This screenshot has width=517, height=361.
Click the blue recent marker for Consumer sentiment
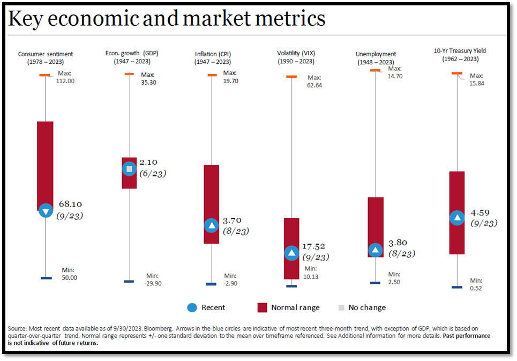point(46,210)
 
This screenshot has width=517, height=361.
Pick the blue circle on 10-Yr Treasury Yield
point(456,217)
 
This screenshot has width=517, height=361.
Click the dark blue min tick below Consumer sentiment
point(46,277)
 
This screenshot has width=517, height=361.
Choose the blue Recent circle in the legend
point(192,307)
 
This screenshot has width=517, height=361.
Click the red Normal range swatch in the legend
point(262,307)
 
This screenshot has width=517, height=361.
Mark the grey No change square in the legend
point(341,307)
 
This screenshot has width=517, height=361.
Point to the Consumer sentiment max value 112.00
point(65,81)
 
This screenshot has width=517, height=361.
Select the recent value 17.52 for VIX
point(314,247)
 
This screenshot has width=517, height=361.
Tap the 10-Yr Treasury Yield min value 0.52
point(476,288)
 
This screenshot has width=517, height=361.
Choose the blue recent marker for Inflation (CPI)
point(212,225)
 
